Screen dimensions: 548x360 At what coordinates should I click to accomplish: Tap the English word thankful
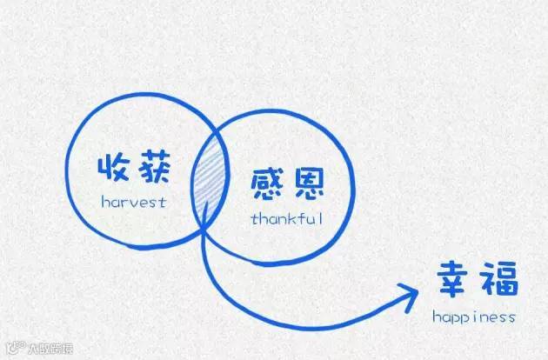tap(286, 218)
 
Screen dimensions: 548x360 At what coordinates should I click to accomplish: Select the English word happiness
tap(473, 317)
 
